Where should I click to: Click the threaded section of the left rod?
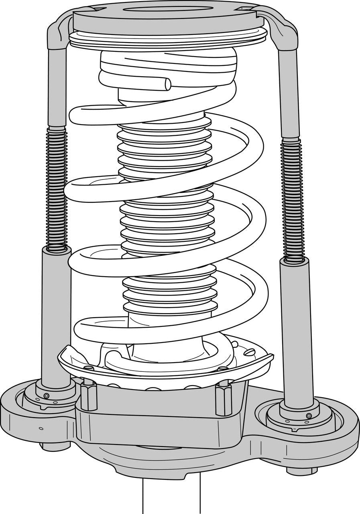[x=56, y=189]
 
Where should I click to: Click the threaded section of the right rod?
[x=291, y=199]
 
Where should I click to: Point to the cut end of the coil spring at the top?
[x=167, y=84]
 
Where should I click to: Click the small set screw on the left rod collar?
[x=47, y=396]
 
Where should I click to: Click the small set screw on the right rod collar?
[x=309, y=416]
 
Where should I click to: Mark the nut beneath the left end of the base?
[x=51, y=446]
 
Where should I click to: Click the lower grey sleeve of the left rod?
[x=56, y=313]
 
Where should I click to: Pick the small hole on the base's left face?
[x=41, y=428]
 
